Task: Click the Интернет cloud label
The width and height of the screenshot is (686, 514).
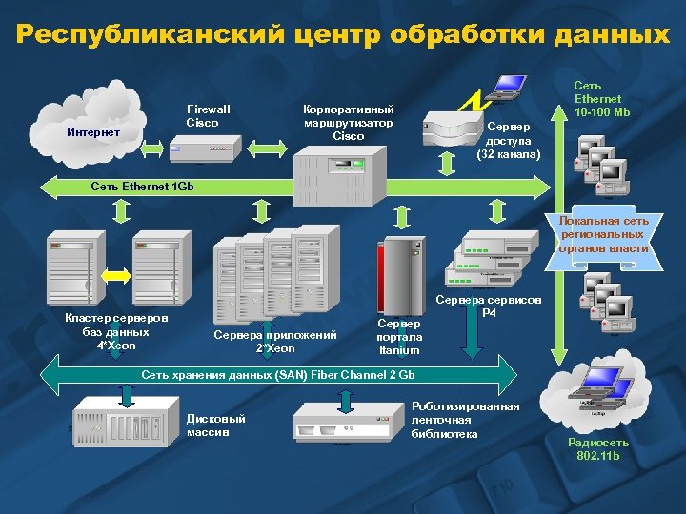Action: point(93,132)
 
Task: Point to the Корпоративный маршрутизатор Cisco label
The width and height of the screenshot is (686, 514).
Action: point(348,122)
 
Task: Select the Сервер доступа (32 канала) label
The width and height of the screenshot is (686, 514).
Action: point(510,140)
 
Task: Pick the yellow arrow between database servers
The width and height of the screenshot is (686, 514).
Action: point(115,274)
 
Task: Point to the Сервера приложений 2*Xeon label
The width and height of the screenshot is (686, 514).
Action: point(275,341)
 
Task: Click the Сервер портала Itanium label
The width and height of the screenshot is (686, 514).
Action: point(399,337)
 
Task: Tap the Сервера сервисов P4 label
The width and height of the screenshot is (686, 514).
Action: point(488,306)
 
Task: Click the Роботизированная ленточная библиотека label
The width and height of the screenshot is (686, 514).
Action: point(465,420)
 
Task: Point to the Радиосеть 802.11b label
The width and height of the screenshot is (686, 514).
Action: point(597,448)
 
